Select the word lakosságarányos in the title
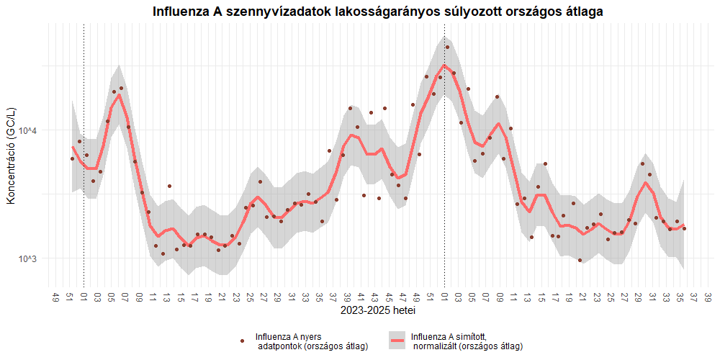[x=386, y=12]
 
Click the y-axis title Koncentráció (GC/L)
[x=11, y=155]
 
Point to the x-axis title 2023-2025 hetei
[x=378, y=312]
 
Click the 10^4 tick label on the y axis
[x=27, y=130]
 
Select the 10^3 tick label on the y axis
[x=27, y=258]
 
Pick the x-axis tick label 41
[x=361, y=297]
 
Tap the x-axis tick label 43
[x=374, y=297]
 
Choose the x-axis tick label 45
[x=389, y=297]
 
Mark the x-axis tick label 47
[x=402, y=297]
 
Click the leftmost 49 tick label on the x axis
[x=56, y=297]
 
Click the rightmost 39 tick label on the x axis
[x=708, y=297]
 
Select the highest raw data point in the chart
[x=447, y=48]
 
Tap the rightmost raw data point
[x=684, y=229]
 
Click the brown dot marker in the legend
[x=243, y=341]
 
